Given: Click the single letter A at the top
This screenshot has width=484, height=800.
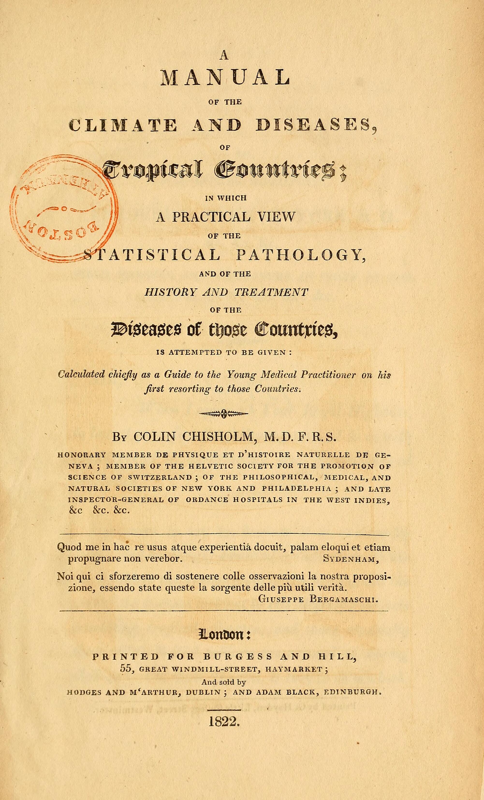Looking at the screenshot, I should click(x=224, y=56).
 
